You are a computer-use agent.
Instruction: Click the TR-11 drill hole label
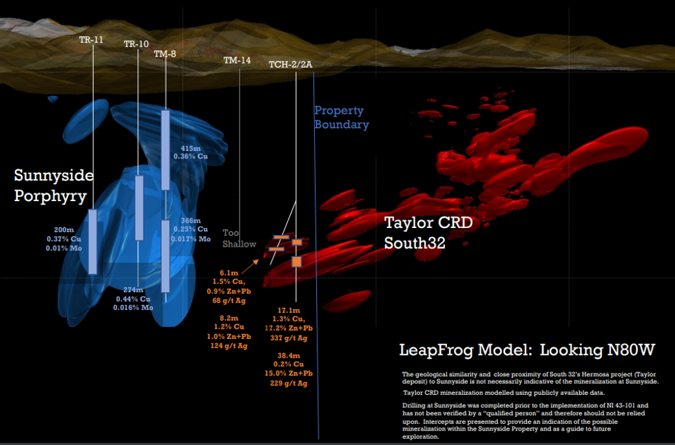click(x=91, y=39)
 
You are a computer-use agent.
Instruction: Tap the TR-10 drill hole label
click(x=136, y=44)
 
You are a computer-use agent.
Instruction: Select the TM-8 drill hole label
click(x=165, y=54)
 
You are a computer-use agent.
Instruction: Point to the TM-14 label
click(x=237, y=61)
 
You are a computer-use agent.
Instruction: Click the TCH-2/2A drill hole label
click(x=291, y=64)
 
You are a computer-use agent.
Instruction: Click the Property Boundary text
click(x=342, y=118)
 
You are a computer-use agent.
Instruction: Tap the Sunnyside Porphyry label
click(x=54, y=186)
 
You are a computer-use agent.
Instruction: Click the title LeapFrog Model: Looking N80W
click(x=527, y=350)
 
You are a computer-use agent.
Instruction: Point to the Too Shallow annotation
click(x=239, y=238)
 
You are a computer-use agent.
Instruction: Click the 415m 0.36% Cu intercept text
click(x=194, y=152)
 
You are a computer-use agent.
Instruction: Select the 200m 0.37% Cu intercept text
click(x=68, y=238)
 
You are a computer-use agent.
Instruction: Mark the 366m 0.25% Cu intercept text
click(x=194, y=229)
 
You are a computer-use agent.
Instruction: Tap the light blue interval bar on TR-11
click(x=92, y=241)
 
